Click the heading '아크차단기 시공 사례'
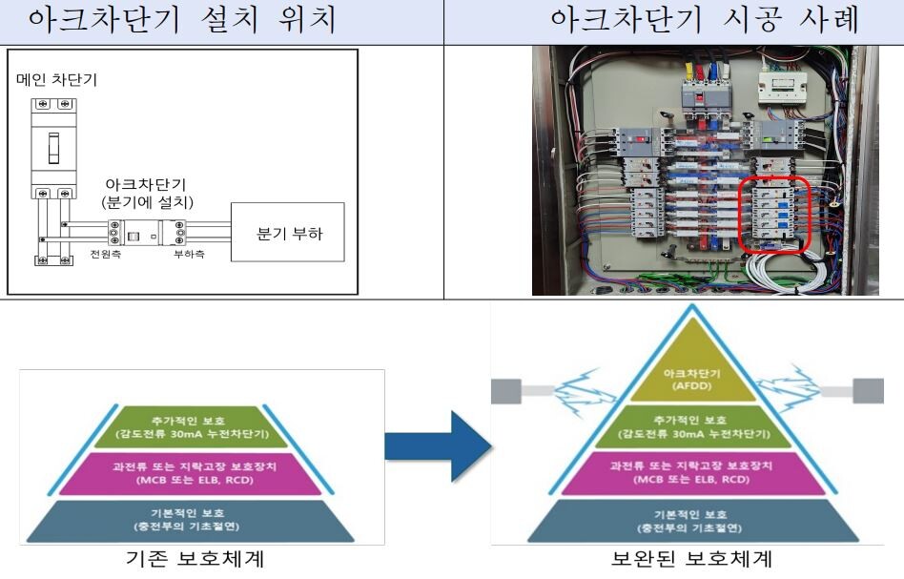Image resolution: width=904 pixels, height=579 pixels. point(673,20)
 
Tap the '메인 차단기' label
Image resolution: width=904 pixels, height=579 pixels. point(56,80)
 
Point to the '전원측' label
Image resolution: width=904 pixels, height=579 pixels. point(101,256)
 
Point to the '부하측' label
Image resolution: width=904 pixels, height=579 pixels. point(188,256)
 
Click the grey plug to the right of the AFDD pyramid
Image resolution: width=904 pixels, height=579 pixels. point(868,390)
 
